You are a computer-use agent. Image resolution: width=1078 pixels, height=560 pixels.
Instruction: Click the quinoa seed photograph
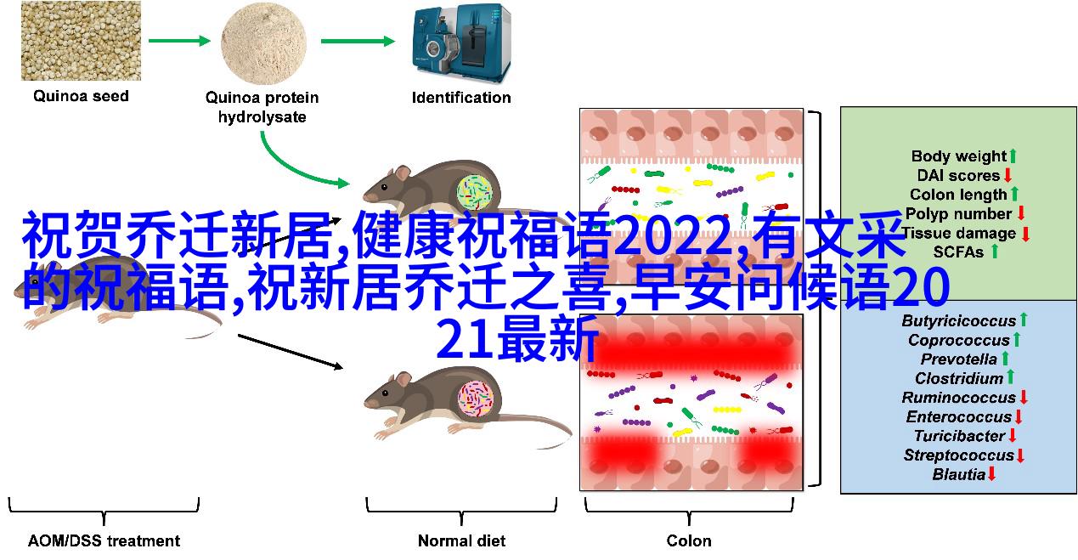[x=81, y=41]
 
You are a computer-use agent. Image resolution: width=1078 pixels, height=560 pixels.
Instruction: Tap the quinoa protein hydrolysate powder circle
[x=263, y=44]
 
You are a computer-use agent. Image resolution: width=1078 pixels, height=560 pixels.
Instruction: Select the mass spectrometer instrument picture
[x=461, y=44]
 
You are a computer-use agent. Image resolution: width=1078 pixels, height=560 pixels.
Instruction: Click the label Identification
[x=461, y=98]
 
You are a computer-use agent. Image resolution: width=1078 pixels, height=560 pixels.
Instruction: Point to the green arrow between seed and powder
[x=179, y=41]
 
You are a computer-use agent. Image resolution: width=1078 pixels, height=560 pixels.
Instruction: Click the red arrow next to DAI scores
[x=1007, y=175]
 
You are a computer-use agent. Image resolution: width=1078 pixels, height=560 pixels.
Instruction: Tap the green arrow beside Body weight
[x=1013, y=156]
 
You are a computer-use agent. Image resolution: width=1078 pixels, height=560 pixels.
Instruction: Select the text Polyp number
[x=959, y=213]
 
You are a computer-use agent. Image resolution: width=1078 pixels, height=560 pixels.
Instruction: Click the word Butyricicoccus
[x=959, y=320]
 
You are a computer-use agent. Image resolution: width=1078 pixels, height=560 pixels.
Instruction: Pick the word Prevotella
[x=959, y=359]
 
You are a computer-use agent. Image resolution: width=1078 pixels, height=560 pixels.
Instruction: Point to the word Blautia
[x=959, y=474]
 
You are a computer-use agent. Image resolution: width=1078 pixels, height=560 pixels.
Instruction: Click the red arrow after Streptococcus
[x=1020, y=455]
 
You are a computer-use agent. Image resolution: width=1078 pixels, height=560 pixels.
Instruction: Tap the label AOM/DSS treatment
[x=104, y=540]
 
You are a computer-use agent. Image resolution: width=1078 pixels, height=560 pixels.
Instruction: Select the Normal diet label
[x=461, y=540]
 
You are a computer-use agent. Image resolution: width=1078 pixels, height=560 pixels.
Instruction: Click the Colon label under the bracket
[x=689, y=540]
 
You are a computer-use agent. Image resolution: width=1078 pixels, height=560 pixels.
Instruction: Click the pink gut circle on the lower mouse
[x=476, y=399]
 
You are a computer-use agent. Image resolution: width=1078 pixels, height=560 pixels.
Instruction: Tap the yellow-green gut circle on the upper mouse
[x=475, y=193]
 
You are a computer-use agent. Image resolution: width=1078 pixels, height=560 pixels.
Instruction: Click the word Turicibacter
[x=959, y=436]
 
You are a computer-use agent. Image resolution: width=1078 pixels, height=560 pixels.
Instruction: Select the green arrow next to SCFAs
[x=995, y=252]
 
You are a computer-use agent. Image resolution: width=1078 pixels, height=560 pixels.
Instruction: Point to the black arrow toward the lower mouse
[x=291, y=352]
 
